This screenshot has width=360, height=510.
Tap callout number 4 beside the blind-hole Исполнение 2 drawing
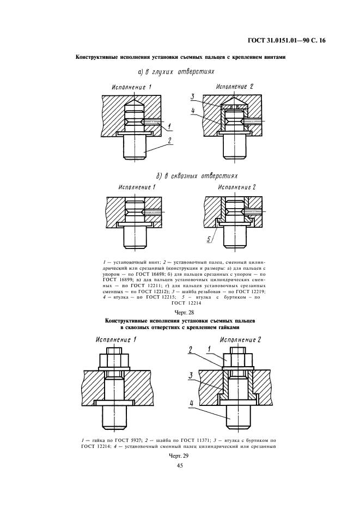click(x=193, y=109)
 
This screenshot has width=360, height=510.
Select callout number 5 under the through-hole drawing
click(x=209, y=238)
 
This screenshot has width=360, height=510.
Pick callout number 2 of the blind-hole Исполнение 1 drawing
click(x=169, y=140)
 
